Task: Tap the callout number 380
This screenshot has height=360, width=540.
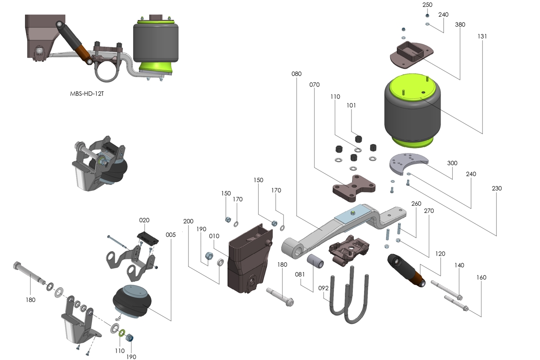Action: pos(460,24)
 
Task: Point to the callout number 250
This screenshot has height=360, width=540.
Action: pos(427,4)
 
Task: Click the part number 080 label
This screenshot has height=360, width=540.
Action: pos(297,73)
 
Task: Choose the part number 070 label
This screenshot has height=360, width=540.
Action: pos(314,84)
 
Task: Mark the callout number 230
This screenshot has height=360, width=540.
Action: pos(496,188)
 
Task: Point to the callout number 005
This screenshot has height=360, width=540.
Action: pos(171,234)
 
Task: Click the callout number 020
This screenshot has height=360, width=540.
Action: pos(144,220)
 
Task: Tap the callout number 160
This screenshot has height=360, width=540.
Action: pos(481,278)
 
